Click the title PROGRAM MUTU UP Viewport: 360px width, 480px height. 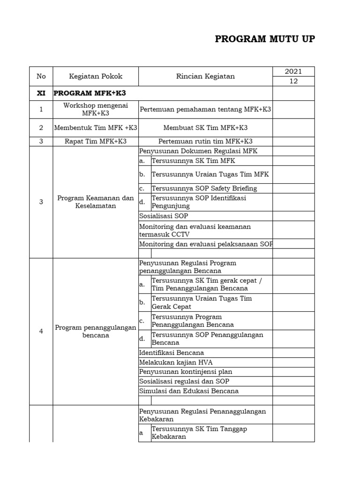click(x=265, y=39)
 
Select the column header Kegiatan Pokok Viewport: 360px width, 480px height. click(x=96, y=76)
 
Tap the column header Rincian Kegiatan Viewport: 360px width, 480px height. click(x=205, y=76)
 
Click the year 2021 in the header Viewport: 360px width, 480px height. click(x=293, y=72)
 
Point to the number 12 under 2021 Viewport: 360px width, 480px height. click(x=293, y=82)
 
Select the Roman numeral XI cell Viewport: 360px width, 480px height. click(x=41, y=93)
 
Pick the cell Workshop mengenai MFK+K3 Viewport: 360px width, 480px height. click(x=96, y=109)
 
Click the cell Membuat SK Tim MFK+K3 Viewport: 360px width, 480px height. click(x=205, y=127)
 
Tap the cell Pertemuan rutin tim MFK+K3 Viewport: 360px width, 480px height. click(x=205, y=141)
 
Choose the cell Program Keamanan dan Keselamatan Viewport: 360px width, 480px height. click(x=96, y=202)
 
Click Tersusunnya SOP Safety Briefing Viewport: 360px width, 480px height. click(x=204, y=188)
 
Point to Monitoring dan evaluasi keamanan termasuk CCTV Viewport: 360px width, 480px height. click(x=195, y=230)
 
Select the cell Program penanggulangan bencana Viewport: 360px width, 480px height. click(x=96, y=331)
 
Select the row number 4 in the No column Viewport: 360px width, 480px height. click(x=41, y=331)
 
